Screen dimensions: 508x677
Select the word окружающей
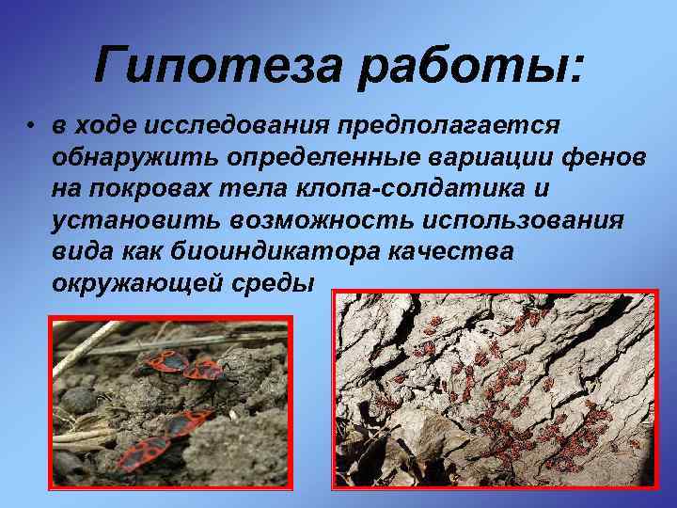coord(138,282)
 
